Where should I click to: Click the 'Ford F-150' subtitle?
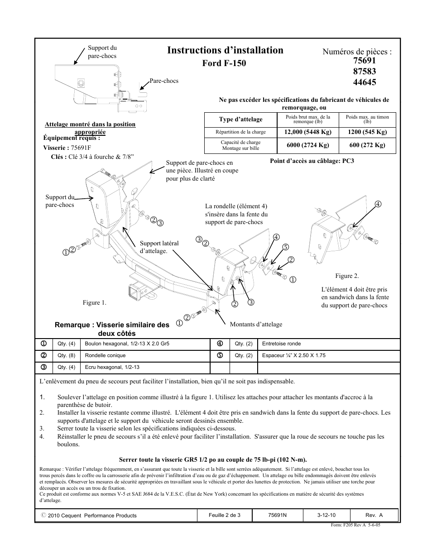coord(224,63)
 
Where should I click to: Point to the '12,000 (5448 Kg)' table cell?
coord(307,132)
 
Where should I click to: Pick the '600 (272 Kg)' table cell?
coord(367,145)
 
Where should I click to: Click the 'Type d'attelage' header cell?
coord(240,119)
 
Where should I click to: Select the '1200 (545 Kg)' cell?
coord(367,132)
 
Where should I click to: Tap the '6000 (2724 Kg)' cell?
coord(307,145)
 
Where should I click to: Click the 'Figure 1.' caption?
coord(94,303)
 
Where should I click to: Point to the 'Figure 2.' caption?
coord(347,276)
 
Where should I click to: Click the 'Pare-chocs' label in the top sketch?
coord(164,81)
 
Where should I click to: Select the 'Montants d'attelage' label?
coord(256,325)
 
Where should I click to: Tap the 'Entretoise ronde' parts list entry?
coord(281,344)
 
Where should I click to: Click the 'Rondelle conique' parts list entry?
coord(106,356)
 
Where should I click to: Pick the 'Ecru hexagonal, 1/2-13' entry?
coord(112,368)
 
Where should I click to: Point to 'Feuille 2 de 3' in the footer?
coord(225,515)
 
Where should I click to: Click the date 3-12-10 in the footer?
coord(326,515)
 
